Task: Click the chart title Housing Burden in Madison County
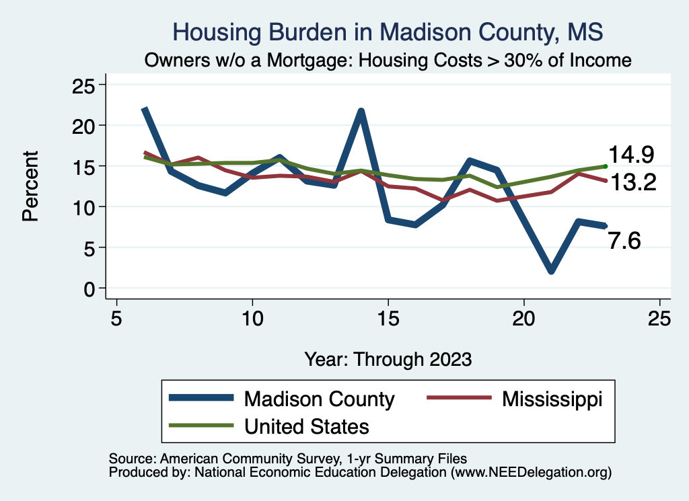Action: (388, 32)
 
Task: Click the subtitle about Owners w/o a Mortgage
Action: (388, 61)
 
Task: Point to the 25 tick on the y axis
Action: (84, 85)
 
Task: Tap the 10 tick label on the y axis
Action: (84, 206)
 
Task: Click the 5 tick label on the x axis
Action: (116, 318)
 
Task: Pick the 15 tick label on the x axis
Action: (388, 318)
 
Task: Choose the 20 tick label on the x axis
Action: (523, 318)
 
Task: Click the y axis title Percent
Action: (30, 186)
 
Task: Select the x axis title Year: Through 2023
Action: (388, 358)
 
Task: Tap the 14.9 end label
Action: (631, 155)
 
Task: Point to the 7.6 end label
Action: (624, 240)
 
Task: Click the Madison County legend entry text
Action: (319, 399)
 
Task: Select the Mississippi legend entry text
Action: (552, 399)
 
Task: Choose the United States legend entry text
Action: (306, 426)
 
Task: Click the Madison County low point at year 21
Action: (551, 270)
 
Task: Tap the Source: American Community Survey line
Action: (287, 458)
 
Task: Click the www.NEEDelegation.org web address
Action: (532, 472)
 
